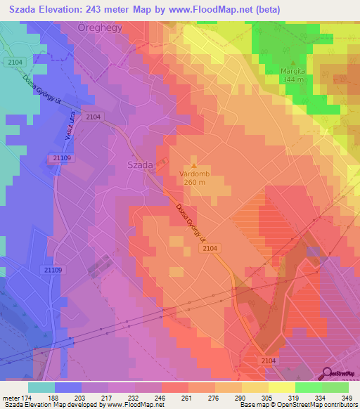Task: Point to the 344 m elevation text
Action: (294, 79)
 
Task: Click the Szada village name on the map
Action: (140, 164)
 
